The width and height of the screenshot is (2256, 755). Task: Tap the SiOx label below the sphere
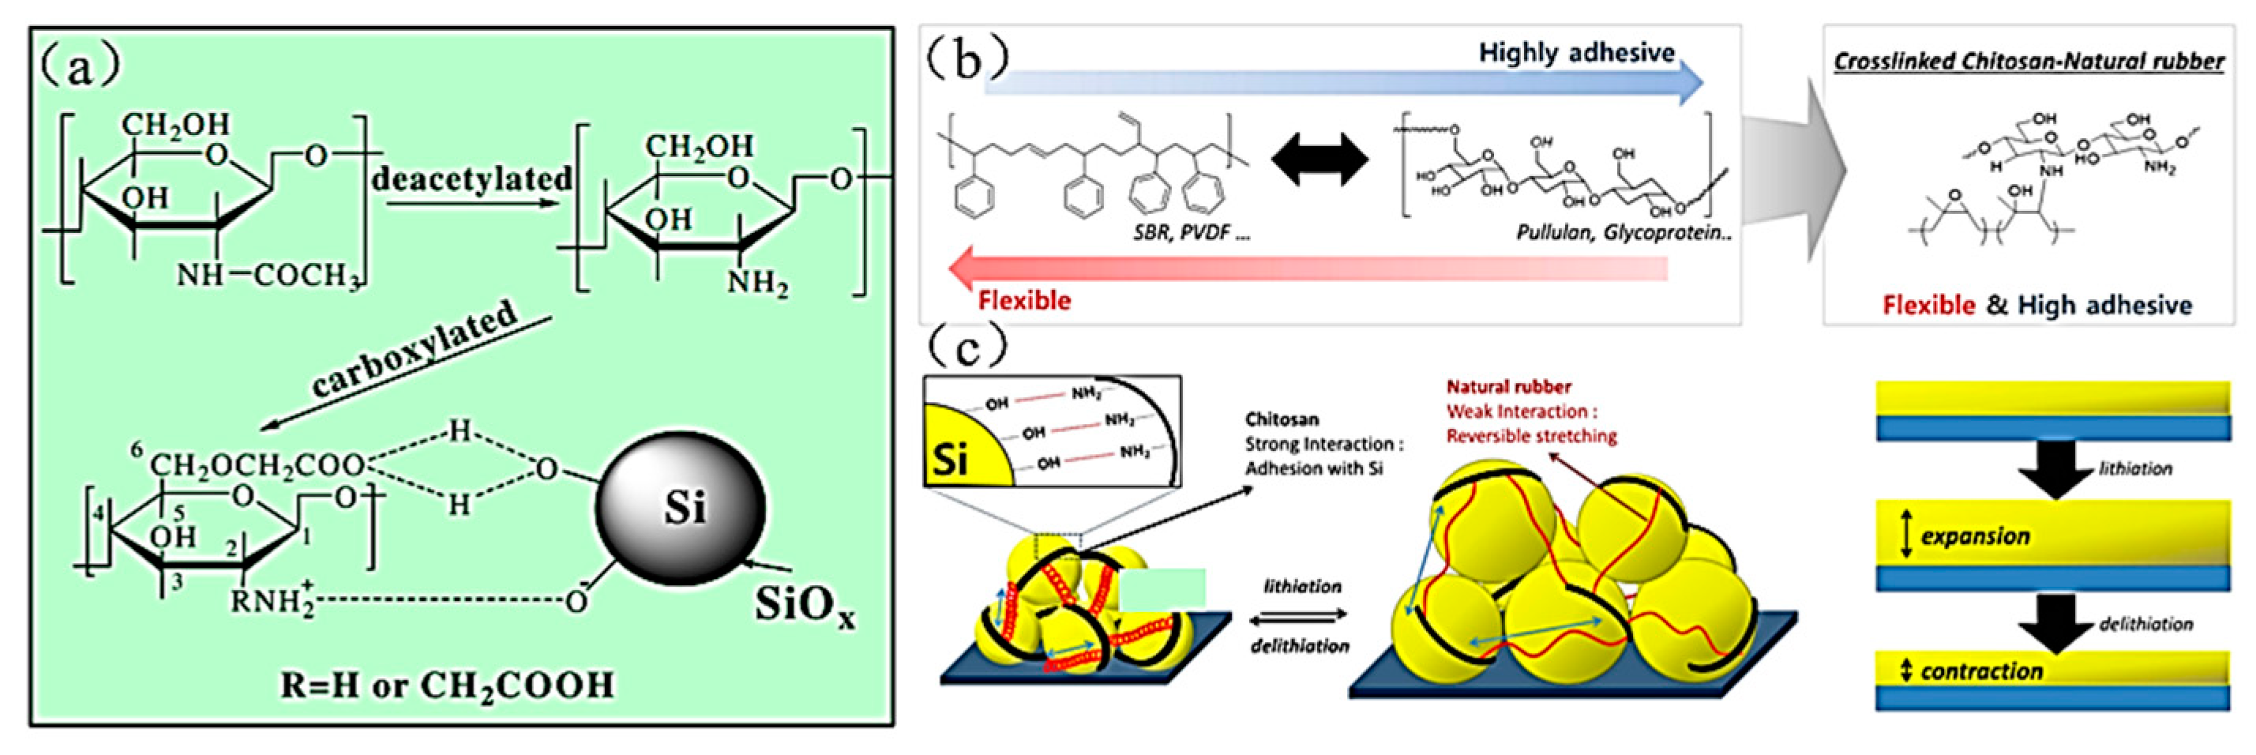(x=804, y=604)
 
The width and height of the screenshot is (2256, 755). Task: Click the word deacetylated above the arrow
(x=471, y=178)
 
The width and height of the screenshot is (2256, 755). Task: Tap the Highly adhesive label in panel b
(x=1576, y=53)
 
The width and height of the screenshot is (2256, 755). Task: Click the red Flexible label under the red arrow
(x=1024, y=300)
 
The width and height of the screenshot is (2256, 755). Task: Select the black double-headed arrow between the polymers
(x=1319, y=162)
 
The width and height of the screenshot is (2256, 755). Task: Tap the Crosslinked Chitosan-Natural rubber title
(x=2029, y=62)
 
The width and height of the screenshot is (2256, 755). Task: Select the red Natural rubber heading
(x=1508, y=386)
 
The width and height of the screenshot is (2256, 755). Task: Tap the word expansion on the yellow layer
(x=1975, y=536)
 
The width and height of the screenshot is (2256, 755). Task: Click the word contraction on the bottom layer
(x=1981, y=672)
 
